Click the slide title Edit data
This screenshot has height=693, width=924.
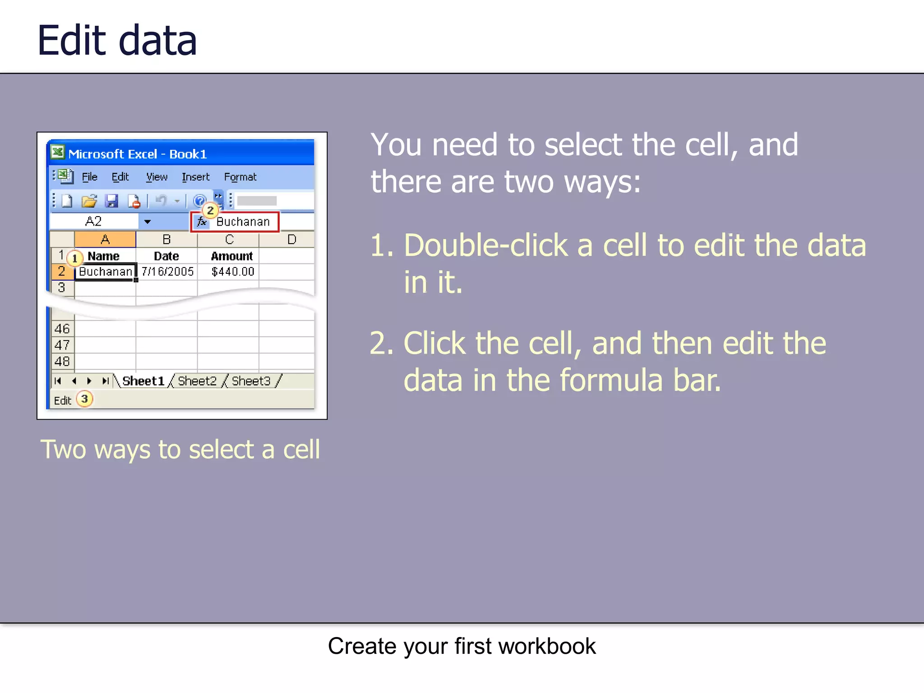click(x=117, y=41)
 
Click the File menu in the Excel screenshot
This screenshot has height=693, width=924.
click(x=89, y=177)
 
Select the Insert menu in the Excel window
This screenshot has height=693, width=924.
click(x=195, y=177)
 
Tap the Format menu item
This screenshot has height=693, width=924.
click(x=240, y=177)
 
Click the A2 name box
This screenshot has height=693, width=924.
click(x=94, y=222)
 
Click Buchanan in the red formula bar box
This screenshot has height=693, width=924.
click(x=243, y=222)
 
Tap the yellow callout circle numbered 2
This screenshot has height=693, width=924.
click(x=210, y=210)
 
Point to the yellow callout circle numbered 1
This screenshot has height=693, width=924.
click(x=75, y=258)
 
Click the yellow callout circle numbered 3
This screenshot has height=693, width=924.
click(x=84, y=399)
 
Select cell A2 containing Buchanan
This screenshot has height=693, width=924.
click(x=105, y=272)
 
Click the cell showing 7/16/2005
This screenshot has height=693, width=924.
click(x=167, y=272)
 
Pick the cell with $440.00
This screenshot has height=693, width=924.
click(x=233, y=272)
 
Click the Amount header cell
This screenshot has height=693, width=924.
click(x=231, y=256)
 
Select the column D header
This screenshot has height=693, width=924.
click(x=291, y=240)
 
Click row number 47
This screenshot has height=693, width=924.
click(x=62, y=345)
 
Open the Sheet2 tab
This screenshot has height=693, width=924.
click(x=197, y=381)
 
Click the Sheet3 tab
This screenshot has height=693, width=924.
click(x=251, y=381)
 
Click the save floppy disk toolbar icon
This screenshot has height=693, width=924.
click(x=111, y=201)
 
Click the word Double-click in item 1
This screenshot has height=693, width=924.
click(x=485, y=245)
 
